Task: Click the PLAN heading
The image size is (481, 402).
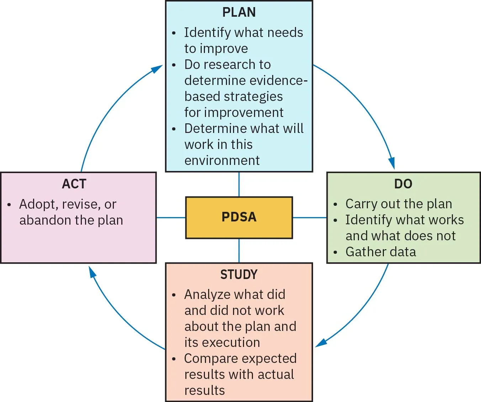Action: (x=239, y=12)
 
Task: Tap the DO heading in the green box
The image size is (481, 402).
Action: (x=403, y=184)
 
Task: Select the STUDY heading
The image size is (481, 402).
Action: (x=239, y=274)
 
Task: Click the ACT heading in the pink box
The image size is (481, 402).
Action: (x=74, y=184)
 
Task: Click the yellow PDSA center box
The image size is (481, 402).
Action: (x=239, y=217)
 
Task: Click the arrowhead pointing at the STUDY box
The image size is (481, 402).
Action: (x=321, y=343)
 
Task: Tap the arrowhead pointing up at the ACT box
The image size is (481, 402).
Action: (x=92, y=273)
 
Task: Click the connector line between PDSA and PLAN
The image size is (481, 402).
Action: (x=239, y=184)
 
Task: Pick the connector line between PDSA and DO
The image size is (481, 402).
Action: (x=310, y=218)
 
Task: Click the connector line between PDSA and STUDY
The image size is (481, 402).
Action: (x=239, y=251)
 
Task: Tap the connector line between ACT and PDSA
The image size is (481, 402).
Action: (x=171, y=218)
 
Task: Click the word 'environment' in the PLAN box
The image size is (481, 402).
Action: (x=222, y=161)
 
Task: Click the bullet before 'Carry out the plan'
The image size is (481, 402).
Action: (x=335, y=204)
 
